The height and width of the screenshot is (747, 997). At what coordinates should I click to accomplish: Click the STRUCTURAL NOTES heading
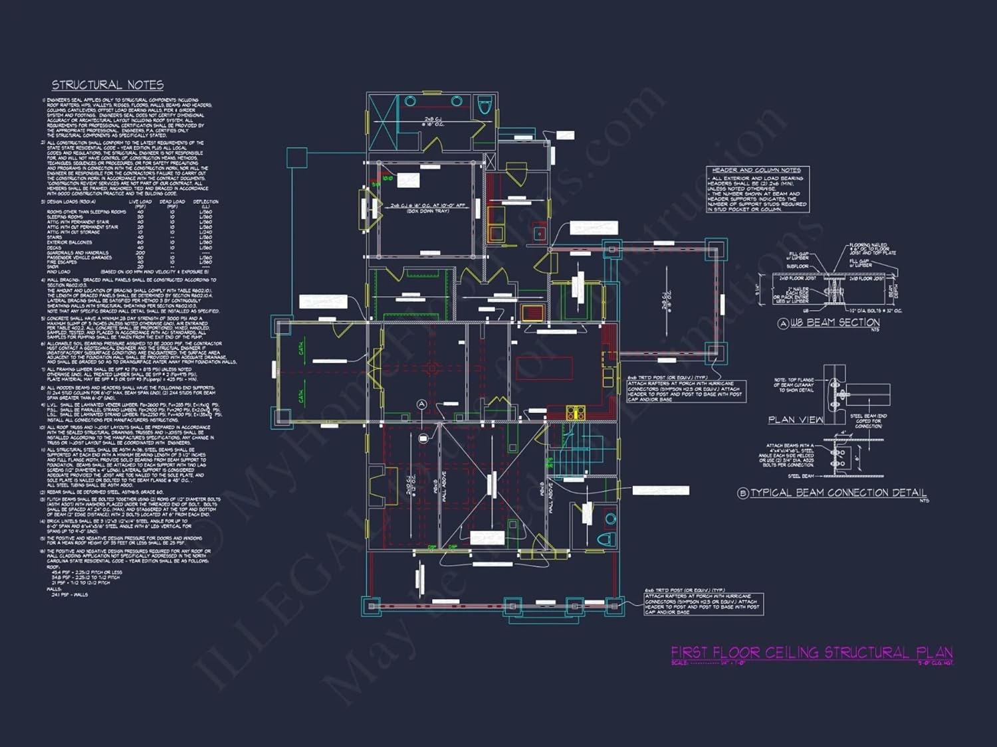tap(108, 85)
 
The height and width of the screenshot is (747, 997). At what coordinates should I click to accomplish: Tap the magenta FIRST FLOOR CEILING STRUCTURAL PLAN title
tap(812, 653)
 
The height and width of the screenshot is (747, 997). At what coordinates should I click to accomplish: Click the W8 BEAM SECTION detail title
tap(834, 323)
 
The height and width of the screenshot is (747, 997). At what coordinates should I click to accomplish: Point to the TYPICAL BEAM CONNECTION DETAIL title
tap(838, 493)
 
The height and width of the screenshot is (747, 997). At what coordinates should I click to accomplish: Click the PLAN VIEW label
tap(795, 420)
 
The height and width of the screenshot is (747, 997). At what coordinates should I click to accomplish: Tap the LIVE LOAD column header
tap(140, 202)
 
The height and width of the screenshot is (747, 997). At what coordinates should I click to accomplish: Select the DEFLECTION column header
tap(205, 202)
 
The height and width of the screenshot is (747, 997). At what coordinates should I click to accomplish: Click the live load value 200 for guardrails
tap(140, 252)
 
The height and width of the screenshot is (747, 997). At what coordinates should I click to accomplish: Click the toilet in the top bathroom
tap(485, 104)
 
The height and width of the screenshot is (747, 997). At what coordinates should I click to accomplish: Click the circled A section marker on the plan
tap(421, 404)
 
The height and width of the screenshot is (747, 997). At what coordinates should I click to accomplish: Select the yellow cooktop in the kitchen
tap(575, 412)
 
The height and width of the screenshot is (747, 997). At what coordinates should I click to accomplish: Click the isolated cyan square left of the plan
tap(296, 157)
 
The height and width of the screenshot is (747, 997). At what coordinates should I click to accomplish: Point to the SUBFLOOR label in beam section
tap(797, 266)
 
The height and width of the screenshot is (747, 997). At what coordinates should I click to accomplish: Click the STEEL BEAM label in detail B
tap(800, 476)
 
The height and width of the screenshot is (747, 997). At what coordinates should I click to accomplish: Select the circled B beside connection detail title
tap(743, 493)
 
